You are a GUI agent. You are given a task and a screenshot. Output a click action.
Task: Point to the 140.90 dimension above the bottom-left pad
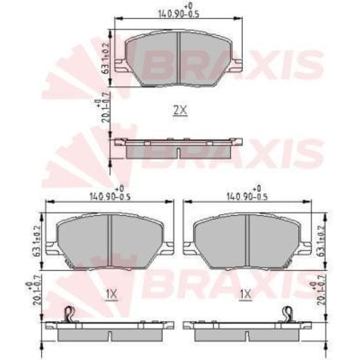(110, 196)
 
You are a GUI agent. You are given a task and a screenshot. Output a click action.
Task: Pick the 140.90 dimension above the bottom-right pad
(248, 196)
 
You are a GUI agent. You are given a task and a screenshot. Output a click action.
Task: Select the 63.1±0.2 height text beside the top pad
(106, 58)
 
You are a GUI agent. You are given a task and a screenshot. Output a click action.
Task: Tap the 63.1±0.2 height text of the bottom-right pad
(321, 241)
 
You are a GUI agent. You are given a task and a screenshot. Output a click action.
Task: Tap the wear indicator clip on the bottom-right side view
(289, 313)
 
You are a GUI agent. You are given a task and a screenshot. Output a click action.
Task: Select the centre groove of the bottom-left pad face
(110, 242)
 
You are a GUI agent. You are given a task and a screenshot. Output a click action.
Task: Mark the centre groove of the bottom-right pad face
(248, 242)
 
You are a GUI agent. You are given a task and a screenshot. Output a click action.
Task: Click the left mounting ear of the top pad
(120, 65)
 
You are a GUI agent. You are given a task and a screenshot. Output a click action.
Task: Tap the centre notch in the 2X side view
(178, 153)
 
